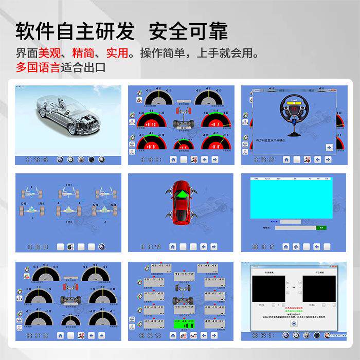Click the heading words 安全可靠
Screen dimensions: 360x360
pos(188,32)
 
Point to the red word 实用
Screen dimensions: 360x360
pos(116,53)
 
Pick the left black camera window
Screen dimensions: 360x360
pos(268,291)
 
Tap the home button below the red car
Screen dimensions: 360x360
pos(173,247)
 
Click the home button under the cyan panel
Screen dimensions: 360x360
pos(286,247)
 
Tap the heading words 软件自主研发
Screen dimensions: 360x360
pos(75,32)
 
